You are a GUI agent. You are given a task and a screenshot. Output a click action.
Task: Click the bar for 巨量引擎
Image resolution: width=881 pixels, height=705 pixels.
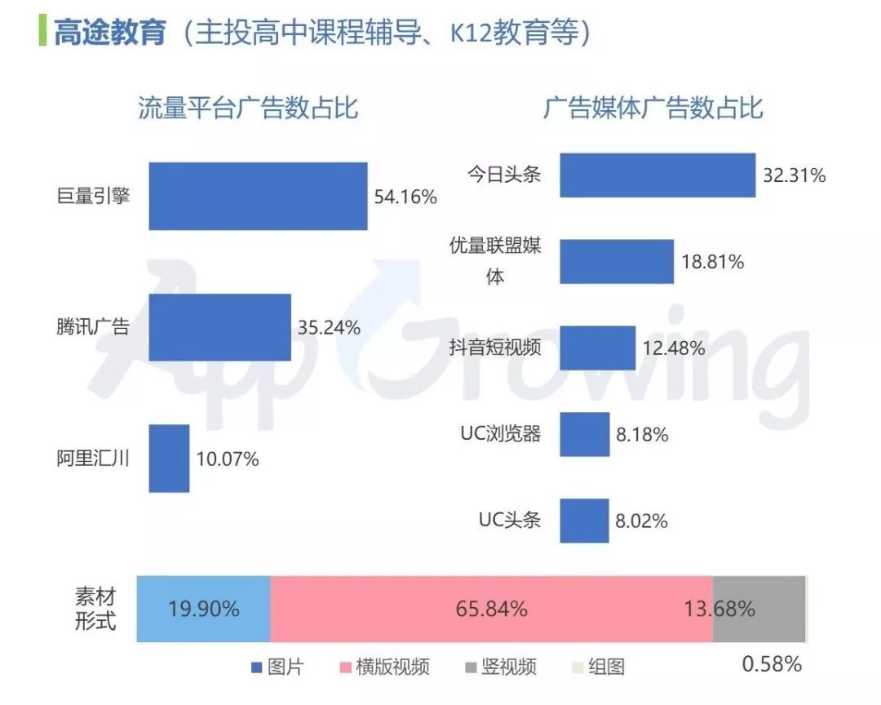tap(258, 196)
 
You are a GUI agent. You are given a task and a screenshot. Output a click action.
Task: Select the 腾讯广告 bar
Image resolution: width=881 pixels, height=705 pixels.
tap(219, 327)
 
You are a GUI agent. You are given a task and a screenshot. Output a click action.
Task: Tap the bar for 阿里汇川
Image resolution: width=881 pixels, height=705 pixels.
tap(169, 459)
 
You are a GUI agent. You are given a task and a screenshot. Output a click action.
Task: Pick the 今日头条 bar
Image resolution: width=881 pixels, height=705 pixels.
tap(657, 175)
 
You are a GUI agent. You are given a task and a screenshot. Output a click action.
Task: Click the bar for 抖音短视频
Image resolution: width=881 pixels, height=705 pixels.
tap(598, 348)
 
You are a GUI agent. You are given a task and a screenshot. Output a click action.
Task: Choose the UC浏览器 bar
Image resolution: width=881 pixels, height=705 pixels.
tap(584, 434)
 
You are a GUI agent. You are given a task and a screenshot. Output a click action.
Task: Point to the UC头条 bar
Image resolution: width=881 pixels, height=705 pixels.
tap(584, 521)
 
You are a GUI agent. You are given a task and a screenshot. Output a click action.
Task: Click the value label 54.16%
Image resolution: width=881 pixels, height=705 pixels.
tap(405, 197)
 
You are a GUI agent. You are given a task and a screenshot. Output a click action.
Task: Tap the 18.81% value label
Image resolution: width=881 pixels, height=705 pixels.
tap(712, 262)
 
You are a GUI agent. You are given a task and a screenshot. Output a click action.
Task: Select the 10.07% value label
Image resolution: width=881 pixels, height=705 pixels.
tap(228, 459)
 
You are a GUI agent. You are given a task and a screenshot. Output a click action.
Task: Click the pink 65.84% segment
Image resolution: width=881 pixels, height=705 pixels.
tap(492, 609)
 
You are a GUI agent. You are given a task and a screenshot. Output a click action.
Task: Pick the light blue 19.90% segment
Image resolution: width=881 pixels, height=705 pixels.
tap(203, 609)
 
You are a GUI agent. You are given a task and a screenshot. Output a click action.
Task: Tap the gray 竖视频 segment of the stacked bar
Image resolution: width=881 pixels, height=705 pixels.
tap(759, 609)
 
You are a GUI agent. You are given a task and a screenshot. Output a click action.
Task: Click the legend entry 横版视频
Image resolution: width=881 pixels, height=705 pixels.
tap(385, 667)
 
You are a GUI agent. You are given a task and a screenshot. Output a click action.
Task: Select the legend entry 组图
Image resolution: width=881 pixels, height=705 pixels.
tap(599, 667)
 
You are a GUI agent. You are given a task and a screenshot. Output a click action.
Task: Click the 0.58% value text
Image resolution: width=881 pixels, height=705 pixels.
tap(772, 664)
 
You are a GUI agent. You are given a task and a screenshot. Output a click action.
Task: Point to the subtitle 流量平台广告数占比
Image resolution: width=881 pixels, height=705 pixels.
tap(248, 108)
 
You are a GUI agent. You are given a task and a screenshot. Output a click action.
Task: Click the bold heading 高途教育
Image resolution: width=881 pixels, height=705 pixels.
tap(110, 32)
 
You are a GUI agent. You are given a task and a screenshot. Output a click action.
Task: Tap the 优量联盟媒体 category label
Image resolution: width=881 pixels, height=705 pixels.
tap(495, 261)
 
